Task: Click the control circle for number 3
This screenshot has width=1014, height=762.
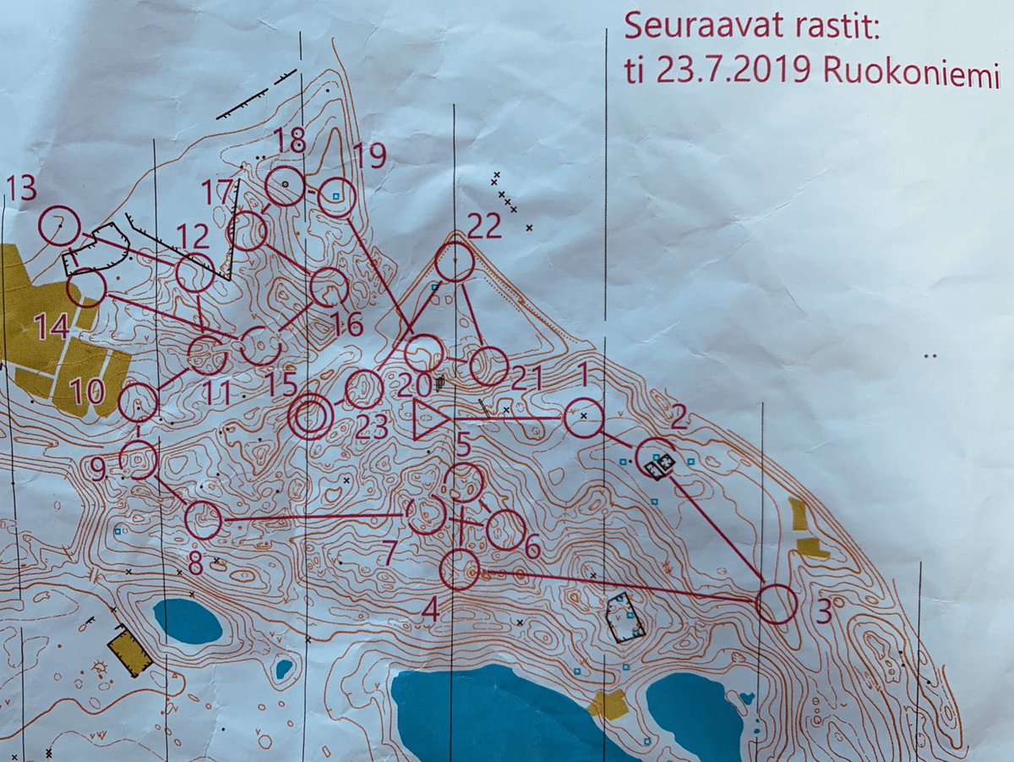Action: (777, 604)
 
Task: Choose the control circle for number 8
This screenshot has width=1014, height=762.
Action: (203, 520)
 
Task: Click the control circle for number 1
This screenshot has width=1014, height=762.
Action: (583, 418)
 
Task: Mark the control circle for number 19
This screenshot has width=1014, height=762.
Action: (336, 197)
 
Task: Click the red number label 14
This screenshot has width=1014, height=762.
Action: (52, 326)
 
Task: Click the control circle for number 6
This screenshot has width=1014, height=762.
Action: (506, 530)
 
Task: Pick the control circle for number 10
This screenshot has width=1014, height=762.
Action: (138, 402)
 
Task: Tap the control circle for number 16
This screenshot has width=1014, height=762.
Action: (329, 288)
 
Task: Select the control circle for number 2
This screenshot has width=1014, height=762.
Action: (656, 459)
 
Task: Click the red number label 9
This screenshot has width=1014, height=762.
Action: (98, 468)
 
